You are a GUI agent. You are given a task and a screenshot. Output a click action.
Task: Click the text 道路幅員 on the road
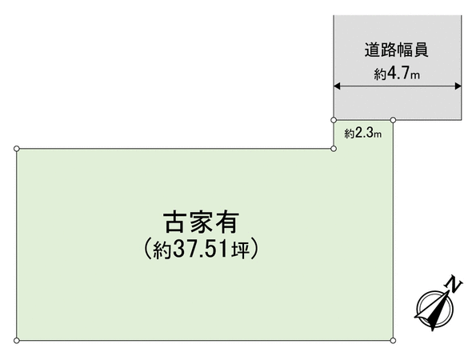[396, 50]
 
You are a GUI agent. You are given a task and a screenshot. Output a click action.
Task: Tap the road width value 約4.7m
[397, 73]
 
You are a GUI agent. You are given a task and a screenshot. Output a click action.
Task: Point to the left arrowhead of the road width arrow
[337, 86]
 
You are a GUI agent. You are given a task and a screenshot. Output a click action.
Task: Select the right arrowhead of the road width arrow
[458, 86]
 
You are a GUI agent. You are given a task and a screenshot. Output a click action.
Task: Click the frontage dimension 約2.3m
[363, 133]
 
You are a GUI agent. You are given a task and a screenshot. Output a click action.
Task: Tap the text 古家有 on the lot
[201, 222]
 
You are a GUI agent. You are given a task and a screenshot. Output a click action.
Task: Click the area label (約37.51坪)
[201, 249]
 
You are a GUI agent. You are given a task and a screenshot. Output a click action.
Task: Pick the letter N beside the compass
[454, 284]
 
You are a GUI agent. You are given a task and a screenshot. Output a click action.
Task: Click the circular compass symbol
[434, 309]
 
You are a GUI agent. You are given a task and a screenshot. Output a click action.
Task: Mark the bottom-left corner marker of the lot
[17, 341]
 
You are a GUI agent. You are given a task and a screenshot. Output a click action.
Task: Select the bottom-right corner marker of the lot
[393, 341]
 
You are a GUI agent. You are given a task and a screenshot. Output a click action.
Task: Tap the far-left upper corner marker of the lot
[17, 149]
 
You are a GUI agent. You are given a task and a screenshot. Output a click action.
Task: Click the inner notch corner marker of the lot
[334, 149]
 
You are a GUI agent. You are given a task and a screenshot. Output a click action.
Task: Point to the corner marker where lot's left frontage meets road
[334, 120]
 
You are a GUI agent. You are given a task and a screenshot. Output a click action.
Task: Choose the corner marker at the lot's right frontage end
[393, 120]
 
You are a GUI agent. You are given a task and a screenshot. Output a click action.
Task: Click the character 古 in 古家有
[174, 222]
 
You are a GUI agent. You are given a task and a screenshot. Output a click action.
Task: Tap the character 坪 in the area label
[241, 250]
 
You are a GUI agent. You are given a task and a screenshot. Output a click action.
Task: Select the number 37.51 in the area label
[201, 250]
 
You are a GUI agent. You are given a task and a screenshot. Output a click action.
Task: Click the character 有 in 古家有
[228, 222]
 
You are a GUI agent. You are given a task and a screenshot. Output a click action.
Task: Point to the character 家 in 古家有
[201, 222]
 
